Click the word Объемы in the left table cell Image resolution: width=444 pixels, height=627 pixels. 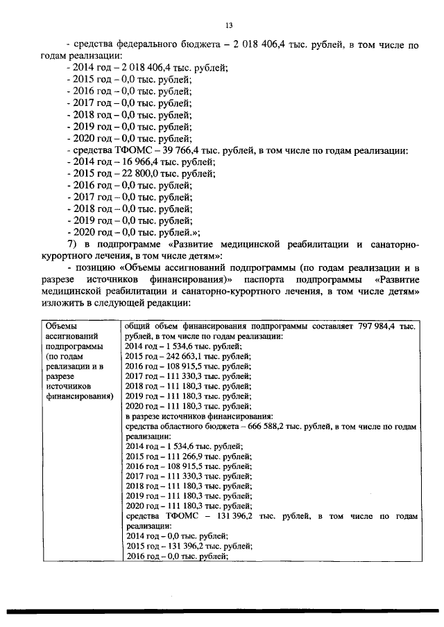tap(61, 326)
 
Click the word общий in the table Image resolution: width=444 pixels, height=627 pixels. tap(138, 326)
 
